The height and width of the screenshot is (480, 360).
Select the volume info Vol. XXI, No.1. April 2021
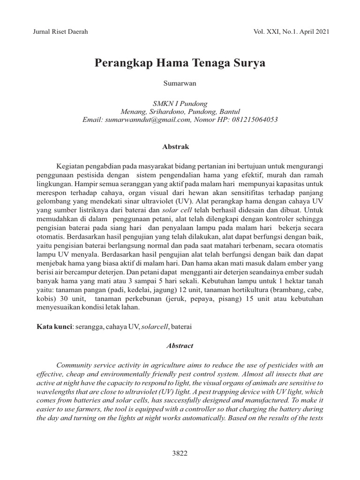291,32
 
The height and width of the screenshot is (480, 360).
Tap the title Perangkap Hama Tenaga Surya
180,63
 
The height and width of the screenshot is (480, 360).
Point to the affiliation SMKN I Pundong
180,104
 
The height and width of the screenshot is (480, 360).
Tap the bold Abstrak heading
175,147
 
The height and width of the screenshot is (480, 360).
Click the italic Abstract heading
180,345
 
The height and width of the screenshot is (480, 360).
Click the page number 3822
180,453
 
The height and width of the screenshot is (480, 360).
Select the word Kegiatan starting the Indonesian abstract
71,166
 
